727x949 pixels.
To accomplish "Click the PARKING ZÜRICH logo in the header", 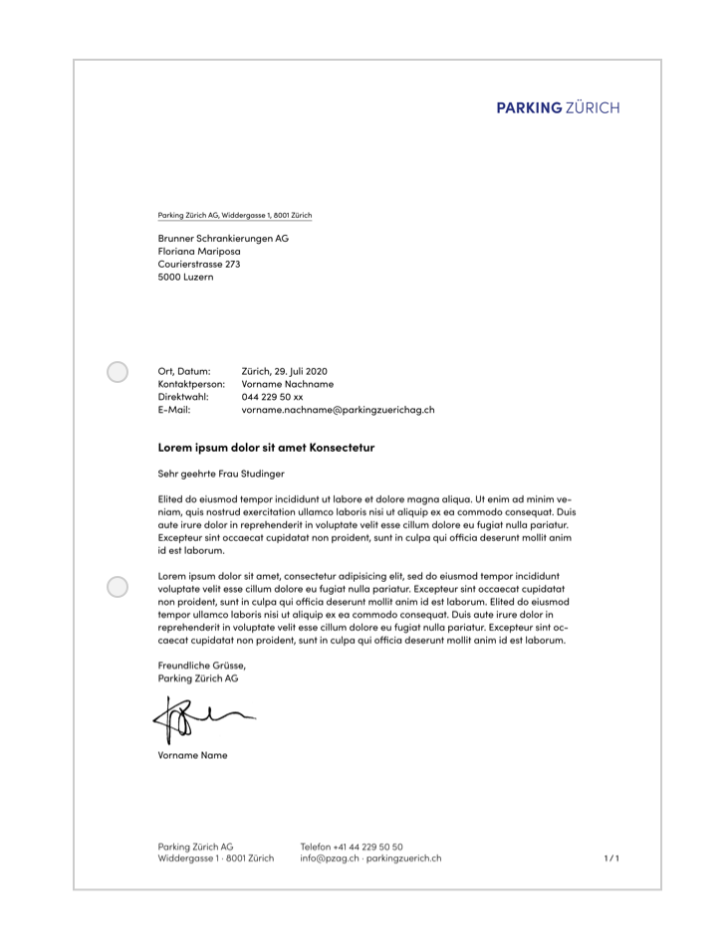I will click(558, 107).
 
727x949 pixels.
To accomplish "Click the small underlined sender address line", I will click(235, 215).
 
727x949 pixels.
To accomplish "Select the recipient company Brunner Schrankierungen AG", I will click(223, 239).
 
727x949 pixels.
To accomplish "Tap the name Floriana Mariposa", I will click(199, 252).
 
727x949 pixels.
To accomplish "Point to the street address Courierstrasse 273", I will click(199, 265).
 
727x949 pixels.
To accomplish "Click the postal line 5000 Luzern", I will click(185, 278).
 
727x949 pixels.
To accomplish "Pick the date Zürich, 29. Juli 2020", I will click(284, 371).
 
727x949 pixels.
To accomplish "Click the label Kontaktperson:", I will click(191, 384).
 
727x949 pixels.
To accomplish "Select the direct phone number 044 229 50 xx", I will click(272, 397).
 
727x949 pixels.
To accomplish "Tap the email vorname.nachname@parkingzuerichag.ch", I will click(338, 410).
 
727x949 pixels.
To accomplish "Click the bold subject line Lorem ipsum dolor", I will click(266, 448).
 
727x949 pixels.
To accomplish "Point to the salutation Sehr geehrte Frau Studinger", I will click(221, 474).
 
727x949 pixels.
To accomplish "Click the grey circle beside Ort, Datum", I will click(118, 372).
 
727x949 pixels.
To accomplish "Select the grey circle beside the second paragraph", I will click(118, 587).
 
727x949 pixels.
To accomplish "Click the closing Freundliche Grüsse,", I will click(201, 664).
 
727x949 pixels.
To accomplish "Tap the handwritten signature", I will click(199, 718).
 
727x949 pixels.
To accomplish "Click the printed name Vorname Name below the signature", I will click(192, 755).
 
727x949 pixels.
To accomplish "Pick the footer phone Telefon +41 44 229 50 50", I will click(352, 847).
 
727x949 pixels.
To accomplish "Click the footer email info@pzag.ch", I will click(330, 858).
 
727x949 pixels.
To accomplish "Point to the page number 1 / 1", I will click(611, 858).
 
